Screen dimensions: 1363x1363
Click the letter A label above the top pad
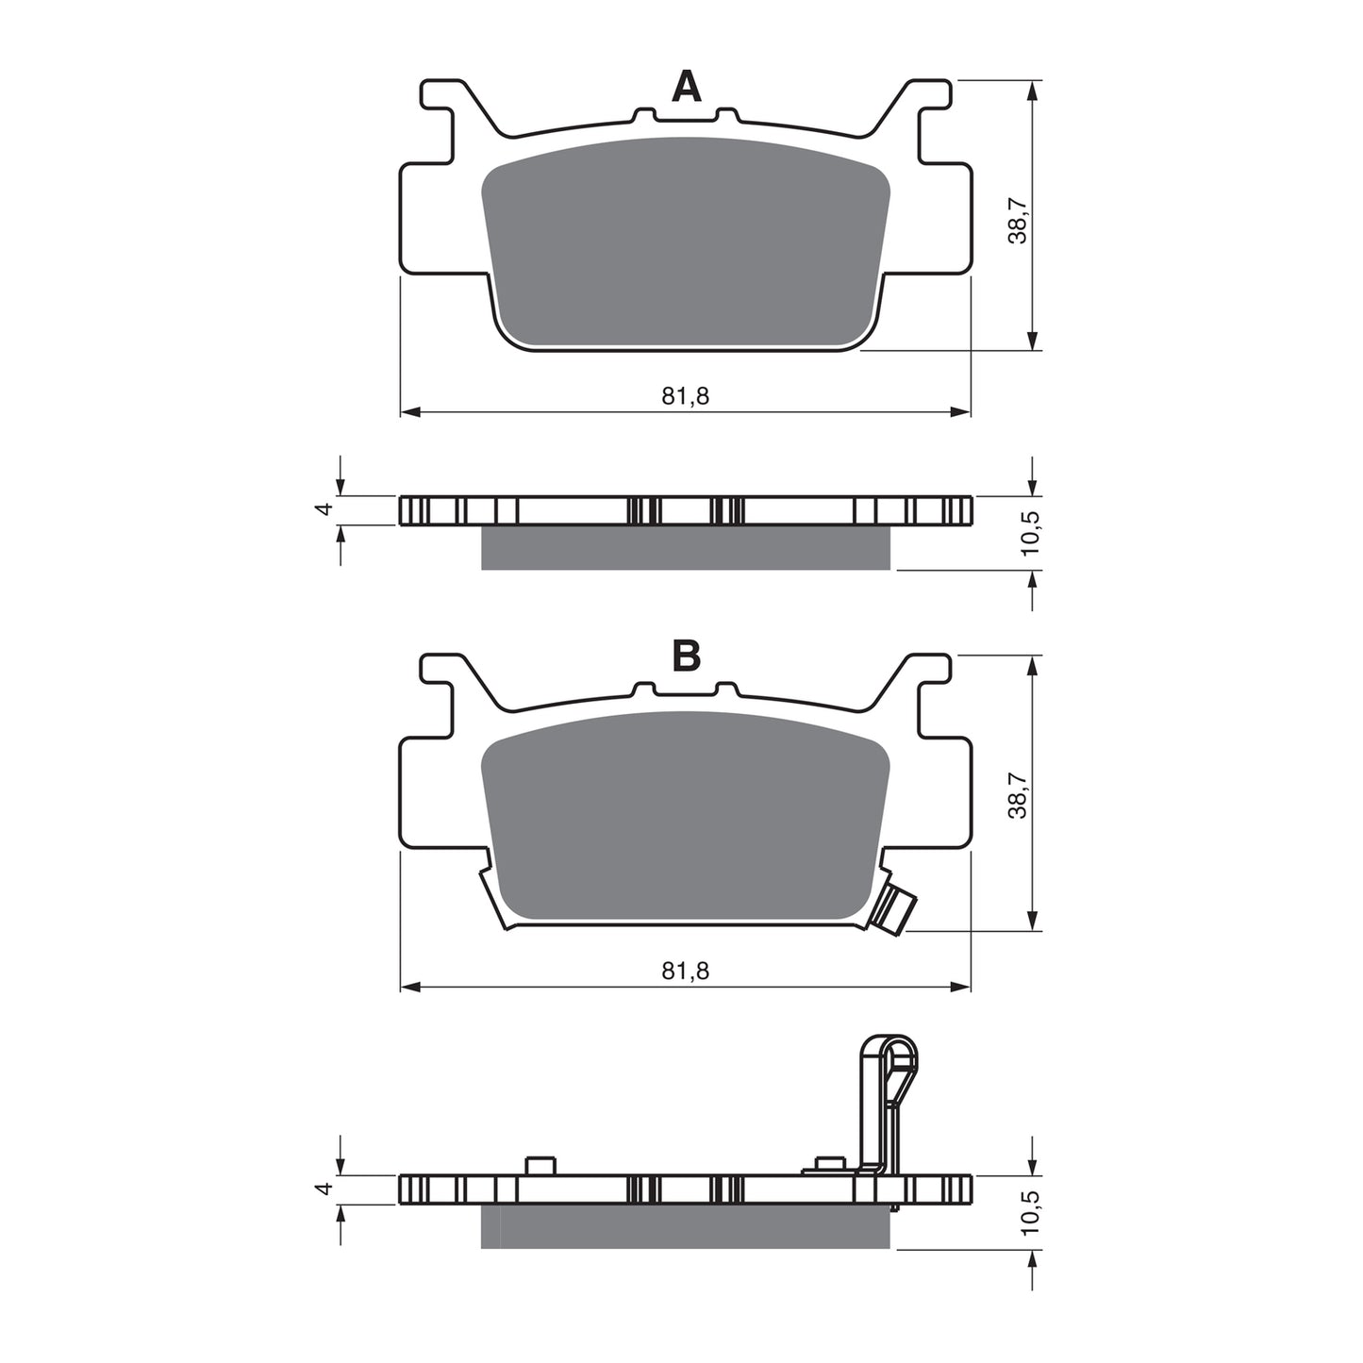pos(686,88)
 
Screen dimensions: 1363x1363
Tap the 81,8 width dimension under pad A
pos(685,396)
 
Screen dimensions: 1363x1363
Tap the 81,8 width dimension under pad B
pos(685,971)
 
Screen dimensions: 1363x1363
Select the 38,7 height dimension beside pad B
pos(1018,794)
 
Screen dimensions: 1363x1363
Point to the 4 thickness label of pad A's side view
pos(324,508)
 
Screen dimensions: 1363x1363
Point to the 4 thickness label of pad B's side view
pos(324,1189)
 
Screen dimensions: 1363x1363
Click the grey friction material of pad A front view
pos(685,245)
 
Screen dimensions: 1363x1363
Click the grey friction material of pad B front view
pos(685,816)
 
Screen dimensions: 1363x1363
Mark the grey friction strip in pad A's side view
pos(685,548)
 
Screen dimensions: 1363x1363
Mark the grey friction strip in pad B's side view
pos(685,1226)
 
